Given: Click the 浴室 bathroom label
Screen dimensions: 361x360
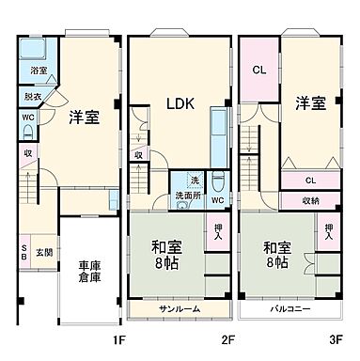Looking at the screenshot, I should (39, 71).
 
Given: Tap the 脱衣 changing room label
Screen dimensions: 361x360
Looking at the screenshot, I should (33, 96).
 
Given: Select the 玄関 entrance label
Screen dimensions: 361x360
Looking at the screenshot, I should (44, 253).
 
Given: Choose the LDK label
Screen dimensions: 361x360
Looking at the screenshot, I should (180, 105).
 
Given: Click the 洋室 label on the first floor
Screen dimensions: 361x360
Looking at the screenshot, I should (85, 118).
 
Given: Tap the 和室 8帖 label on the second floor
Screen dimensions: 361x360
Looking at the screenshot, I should (168, 255).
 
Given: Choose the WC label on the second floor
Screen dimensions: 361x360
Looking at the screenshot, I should (217, 199).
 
